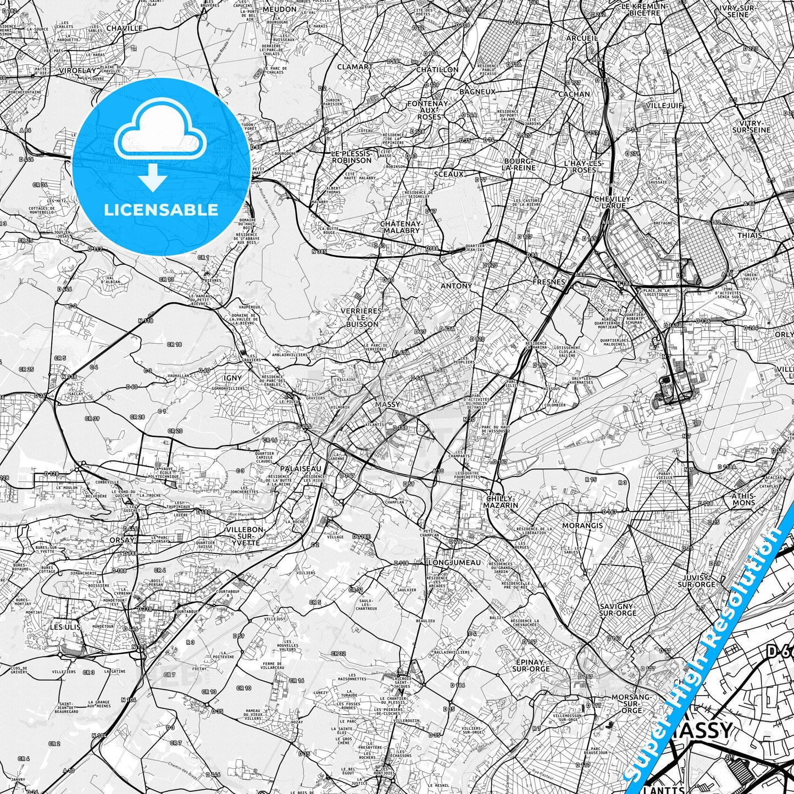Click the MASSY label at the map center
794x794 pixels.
coord(387,404)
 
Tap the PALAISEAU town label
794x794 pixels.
coord(301,469)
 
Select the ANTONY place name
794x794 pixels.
coord(456,286)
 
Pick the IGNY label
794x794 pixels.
coord(233,378)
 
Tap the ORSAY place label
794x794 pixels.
coord(121,540)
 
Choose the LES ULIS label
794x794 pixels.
coord(65,626)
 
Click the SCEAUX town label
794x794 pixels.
coord(449,174)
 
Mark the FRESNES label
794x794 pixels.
coord(549,282)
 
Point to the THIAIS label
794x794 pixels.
coord(749,235)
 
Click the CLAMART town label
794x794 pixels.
coord(354,67)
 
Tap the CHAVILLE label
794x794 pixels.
coord(124,28)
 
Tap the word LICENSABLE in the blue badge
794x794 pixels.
coord(161,209)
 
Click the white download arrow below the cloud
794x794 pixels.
coord(153,177)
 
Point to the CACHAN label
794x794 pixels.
coord(574,94)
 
